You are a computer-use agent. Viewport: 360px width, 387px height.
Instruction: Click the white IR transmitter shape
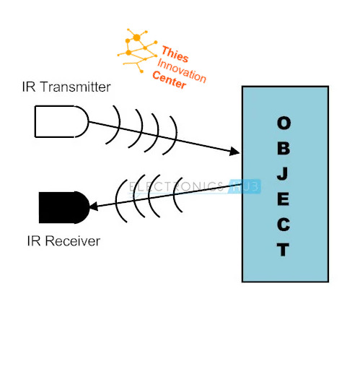pos(61,121)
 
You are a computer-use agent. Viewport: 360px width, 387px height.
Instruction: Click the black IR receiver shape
pos(64,207)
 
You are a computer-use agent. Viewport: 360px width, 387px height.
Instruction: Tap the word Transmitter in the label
pos(76,87)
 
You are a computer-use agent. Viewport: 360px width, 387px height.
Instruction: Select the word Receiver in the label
pos(73,241)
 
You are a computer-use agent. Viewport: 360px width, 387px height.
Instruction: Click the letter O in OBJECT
pos(284,123)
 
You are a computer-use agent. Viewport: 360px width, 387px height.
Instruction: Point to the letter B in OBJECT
pos(284,148)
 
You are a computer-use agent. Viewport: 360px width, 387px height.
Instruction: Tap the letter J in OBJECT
pos(283,173)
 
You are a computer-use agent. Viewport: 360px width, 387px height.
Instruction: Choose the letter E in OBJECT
pos(284,199)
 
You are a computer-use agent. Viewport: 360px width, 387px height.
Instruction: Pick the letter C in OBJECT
pos(284,225)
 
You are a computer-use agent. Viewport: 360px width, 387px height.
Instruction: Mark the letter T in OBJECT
pos(283,250)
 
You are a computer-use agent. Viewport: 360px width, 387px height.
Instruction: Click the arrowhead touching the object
pos(234,151)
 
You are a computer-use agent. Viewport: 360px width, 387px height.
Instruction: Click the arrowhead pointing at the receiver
pos(94,206)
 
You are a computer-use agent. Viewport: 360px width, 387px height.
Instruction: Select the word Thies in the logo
pos(175,54)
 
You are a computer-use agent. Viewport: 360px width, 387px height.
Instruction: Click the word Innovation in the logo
pos(182,71)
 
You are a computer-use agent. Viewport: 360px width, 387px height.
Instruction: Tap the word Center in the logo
pos(169,79)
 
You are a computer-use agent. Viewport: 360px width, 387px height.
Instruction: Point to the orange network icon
pos(137,51)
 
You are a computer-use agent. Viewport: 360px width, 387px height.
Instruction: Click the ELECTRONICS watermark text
pos(176,186)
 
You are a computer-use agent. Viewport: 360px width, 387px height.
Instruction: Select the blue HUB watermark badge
pos(245,186)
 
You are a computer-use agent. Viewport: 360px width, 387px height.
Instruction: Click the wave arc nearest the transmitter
pos(115,125)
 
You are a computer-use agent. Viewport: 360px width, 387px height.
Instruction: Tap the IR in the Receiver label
pos(34,241)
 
